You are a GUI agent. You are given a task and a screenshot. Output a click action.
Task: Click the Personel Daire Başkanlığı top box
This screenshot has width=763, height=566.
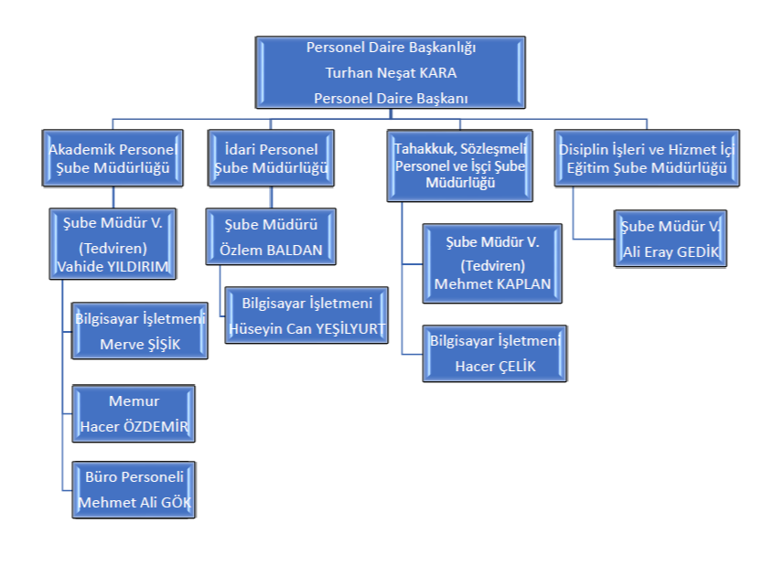(x=391, y=72)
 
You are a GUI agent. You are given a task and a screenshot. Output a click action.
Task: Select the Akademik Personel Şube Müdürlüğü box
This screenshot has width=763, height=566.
(x=113, y=157)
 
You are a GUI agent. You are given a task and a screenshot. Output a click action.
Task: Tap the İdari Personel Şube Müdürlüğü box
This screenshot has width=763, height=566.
(x=270, y=157)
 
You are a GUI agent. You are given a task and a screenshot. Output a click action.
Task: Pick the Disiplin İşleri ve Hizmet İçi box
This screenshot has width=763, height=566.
(x=646, y=157)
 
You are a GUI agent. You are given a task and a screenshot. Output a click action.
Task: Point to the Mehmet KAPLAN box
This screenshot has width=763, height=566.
(x=492, y=262)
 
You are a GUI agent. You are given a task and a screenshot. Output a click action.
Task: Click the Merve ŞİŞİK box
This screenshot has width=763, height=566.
(x=140, y=331)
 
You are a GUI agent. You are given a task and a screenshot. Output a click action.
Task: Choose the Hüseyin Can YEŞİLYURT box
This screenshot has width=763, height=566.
(x=306, y=315)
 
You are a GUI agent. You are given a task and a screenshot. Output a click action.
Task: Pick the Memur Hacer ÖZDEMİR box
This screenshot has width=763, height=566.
(x=134, y=413)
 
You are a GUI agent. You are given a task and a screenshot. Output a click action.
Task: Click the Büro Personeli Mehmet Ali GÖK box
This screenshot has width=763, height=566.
(x=134, y=490)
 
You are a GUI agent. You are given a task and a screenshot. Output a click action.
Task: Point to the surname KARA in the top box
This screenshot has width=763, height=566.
(x=436, y=73)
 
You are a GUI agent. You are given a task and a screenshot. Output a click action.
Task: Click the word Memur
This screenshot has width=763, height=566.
(x=134, y=401)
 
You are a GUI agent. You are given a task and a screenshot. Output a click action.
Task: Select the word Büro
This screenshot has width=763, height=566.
(x=100, y=477)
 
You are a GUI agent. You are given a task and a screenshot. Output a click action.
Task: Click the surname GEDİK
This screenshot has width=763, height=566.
(x=698, y=251)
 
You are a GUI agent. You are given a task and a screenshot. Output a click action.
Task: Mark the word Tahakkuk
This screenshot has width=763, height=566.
(x=424, y=147)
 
